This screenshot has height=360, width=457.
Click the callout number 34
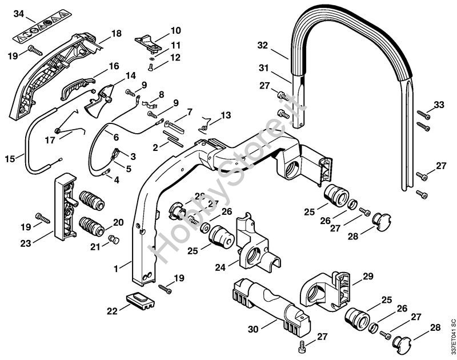coord(19,13)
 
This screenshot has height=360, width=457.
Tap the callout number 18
coord(117,34)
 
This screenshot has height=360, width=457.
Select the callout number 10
coord(175,30)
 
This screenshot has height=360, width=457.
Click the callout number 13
coord(227,115)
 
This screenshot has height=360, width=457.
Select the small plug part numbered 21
coord(113,239)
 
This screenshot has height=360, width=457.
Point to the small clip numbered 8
coord(149,105)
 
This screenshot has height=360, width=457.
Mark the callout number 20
coord(118,222)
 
